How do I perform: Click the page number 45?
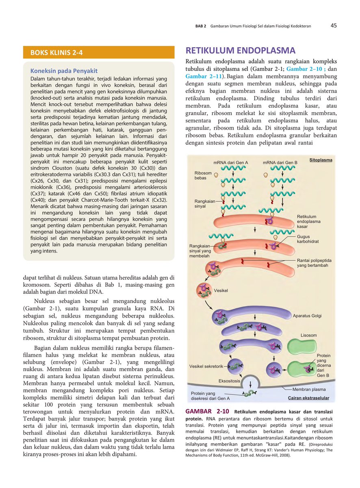[333, 26]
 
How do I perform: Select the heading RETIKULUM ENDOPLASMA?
[240, 51]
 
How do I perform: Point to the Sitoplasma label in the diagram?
[321, 160]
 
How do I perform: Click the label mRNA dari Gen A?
[230, 163]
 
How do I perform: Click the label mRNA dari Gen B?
[280, 163]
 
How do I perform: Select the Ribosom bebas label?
[203, 175]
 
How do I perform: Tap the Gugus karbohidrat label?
[308, 239]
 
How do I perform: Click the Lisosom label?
[308, 335]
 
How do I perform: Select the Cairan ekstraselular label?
[308, 398]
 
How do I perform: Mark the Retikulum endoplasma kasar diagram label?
[308, 222]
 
